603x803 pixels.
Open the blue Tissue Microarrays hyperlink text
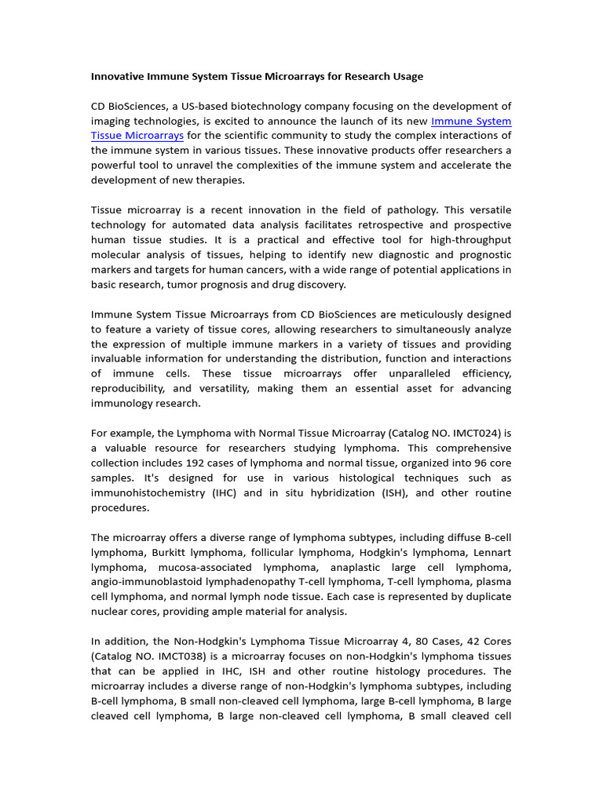(137, 136)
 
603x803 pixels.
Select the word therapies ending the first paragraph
(220, 180)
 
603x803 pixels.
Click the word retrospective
(407, 225)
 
